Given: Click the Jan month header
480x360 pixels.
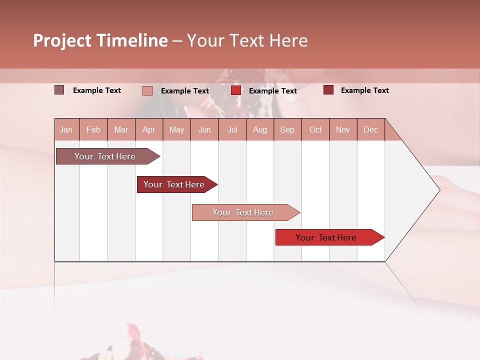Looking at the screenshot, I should pos(66,129).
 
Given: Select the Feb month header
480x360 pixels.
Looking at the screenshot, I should pos(93,129).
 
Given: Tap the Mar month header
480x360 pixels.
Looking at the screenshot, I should pos(121,129).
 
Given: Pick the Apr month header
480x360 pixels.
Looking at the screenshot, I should pos(149,129).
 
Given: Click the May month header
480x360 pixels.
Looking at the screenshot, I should pos(176,129).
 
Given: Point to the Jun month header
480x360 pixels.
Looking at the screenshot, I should pos(204,129).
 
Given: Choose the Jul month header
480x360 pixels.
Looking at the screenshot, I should pos(232,129).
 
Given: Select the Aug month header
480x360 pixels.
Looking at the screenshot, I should pos(260,129).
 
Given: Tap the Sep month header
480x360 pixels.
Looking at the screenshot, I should pos(287,129).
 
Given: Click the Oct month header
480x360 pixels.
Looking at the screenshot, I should pos(315,129).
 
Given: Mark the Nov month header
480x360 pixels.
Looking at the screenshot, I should pos(343,129).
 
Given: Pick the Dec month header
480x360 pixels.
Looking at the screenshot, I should pos(371,129).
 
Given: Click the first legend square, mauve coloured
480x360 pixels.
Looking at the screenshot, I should pos(59,90).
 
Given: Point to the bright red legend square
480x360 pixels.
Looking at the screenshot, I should pos(236,90).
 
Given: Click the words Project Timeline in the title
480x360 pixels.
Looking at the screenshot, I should pos(100,40).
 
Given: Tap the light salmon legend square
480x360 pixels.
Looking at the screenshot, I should pos(147,90).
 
